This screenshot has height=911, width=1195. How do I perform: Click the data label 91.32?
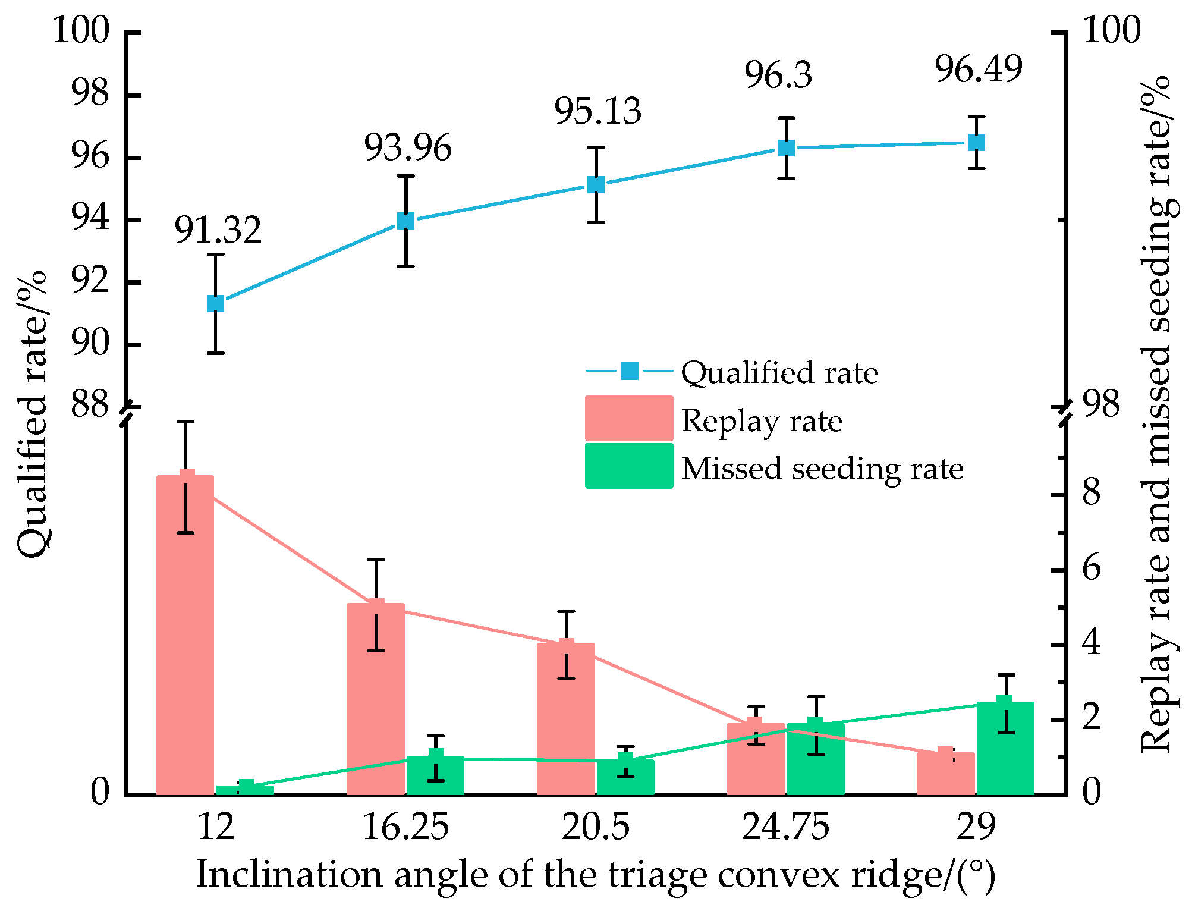pos(218,230)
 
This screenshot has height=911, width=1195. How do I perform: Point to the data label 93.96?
pos(408,147)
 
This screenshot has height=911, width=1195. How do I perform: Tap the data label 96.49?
pos(979,69)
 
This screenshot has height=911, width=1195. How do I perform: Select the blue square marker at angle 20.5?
pos(596,184)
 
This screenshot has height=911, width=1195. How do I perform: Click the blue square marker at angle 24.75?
pos(787,147)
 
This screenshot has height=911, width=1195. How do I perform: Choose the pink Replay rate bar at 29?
pos(946,773)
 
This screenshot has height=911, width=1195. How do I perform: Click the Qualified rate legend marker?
pos(629,371)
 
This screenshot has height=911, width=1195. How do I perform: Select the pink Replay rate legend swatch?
pos(629,419)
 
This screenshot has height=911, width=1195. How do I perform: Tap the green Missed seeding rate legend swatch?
pos(629,466)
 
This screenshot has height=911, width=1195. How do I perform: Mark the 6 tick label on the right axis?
pos(1092,569)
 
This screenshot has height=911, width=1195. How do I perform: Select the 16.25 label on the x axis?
pos(405,827)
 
